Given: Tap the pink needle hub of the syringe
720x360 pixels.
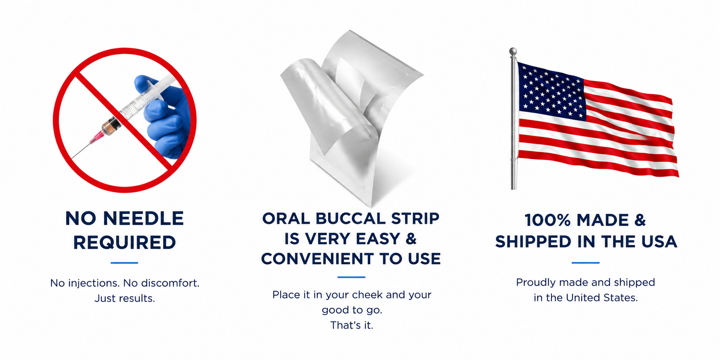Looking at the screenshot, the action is tap(97, 137).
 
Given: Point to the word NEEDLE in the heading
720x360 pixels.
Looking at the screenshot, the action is tap(143, 218).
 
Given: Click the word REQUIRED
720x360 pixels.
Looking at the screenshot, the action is tap(125, 242).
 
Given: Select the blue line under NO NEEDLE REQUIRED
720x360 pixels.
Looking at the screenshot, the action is tap(124, 263).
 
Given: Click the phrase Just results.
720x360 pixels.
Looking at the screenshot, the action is tap(125, 298).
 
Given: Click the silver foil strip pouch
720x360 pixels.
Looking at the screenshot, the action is tap(351, 118).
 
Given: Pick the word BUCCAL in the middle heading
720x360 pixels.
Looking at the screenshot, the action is tap(350, 218).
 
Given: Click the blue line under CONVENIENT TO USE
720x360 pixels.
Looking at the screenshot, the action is tap(351, 277).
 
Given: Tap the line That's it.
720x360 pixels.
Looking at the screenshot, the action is tap(351, 325).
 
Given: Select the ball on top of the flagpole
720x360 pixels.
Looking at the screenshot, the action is tap(513, 52).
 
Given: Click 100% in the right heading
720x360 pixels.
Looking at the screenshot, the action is tap(548, 220).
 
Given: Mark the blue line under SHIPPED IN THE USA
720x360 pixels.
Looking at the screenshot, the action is tap(586, 263).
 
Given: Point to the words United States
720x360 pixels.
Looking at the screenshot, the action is tap(602, 297).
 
